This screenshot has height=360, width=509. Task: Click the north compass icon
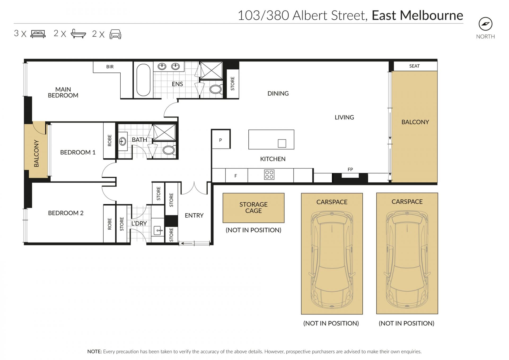[485, 24]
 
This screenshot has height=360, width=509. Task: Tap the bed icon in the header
[38, 34]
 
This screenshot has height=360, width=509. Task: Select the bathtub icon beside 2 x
[78, 34]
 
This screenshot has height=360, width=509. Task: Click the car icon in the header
[115, 34]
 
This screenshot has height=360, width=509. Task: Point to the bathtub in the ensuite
[143, 80]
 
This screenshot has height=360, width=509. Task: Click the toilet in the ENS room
[216, 89]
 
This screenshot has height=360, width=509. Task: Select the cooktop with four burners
[269, 175]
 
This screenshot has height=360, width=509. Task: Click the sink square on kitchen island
[282, 143]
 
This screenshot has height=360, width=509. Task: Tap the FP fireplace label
[350, 169]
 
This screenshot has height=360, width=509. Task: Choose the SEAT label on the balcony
[414, 66]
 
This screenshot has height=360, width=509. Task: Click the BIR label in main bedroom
[110, 67]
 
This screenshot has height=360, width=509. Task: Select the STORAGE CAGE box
[253, 208]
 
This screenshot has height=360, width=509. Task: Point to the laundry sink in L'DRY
[158, 230]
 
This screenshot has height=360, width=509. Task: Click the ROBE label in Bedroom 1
[109, 141]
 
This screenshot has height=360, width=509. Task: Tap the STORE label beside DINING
[232, 84]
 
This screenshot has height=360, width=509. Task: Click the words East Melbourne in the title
[417, 15]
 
